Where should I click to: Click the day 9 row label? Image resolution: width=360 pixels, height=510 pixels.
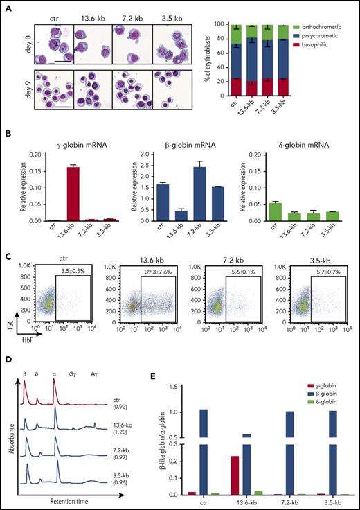14,70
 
